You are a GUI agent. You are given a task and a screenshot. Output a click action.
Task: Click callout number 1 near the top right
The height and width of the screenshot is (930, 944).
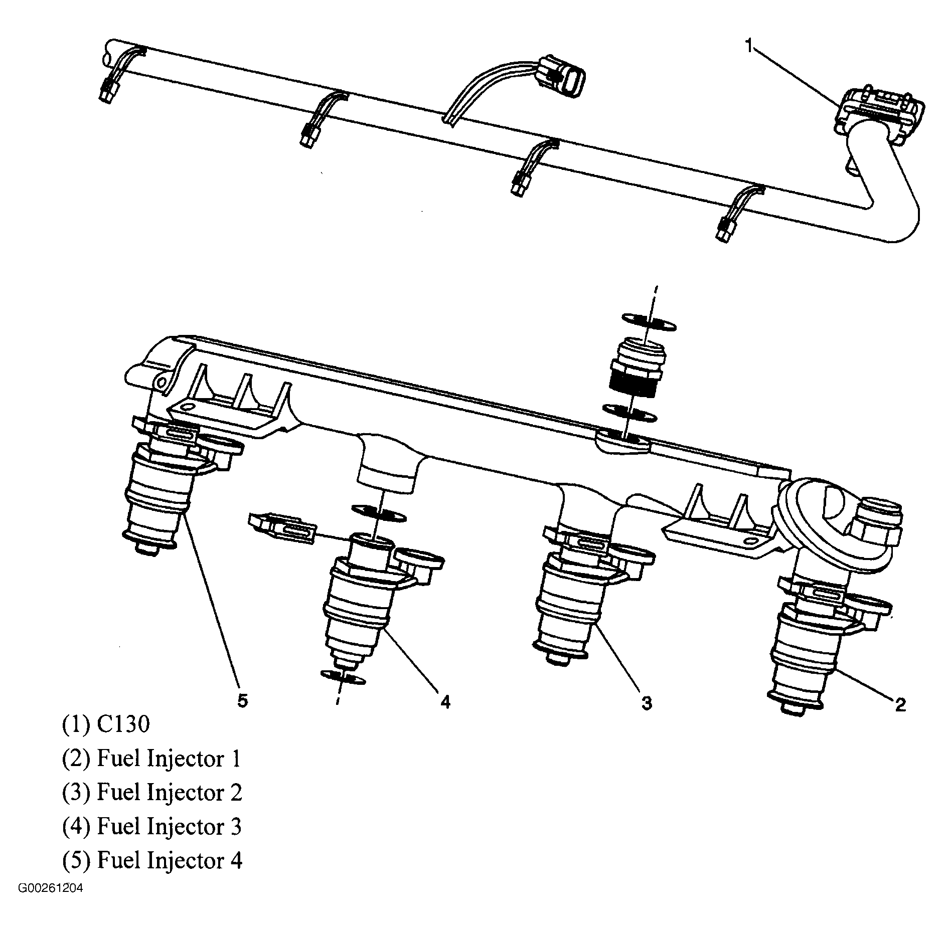pyautogui.click(x=748, y=46)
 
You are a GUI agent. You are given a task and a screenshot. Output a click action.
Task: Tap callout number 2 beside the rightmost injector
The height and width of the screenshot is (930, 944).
pyautogui.click(x=900, y=705)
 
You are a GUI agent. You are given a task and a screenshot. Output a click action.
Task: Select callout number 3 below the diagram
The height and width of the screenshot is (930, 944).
pyautogui.click(x=647, y=703)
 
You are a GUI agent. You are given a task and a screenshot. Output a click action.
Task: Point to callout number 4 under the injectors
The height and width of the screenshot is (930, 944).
pyautogui.click(x=445, y=702)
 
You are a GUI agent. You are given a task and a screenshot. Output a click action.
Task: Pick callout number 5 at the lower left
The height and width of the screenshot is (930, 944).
pyautogui.click(x=243, y=700)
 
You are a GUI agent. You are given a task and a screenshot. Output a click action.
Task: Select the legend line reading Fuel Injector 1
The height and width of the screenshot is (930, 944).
pyautogui.click(x=151, y=758)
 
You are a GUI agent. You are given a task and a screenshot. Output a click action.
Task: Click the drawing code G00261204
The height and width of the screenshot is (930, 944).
pyautogui.click(x=51, y=902)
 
